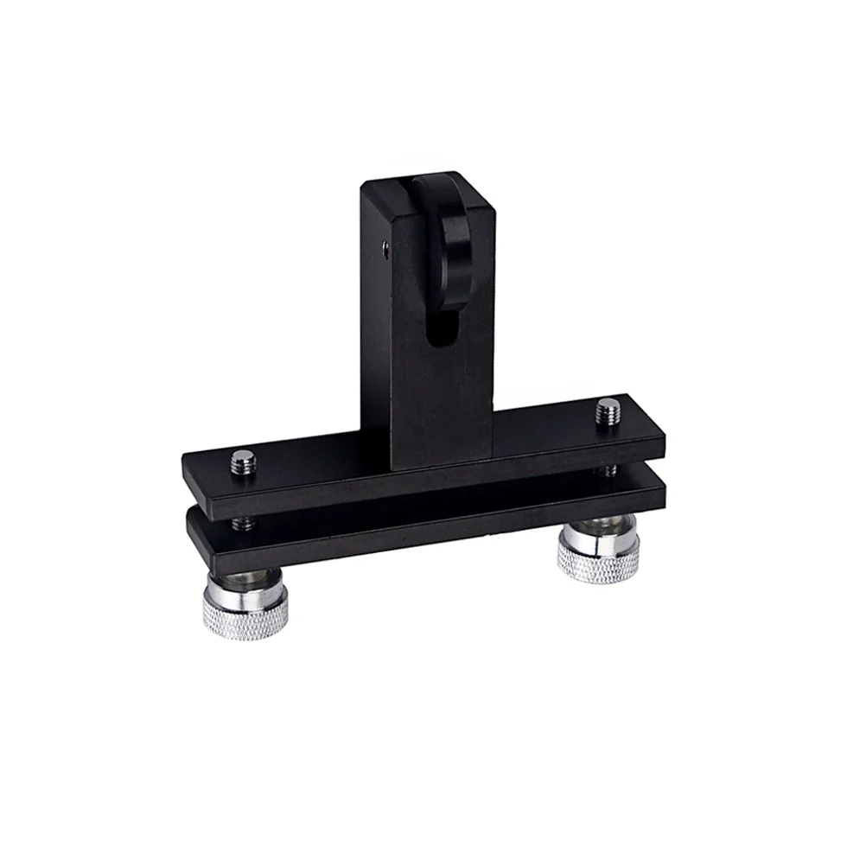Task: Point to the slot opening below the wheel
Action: point(438,333)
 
